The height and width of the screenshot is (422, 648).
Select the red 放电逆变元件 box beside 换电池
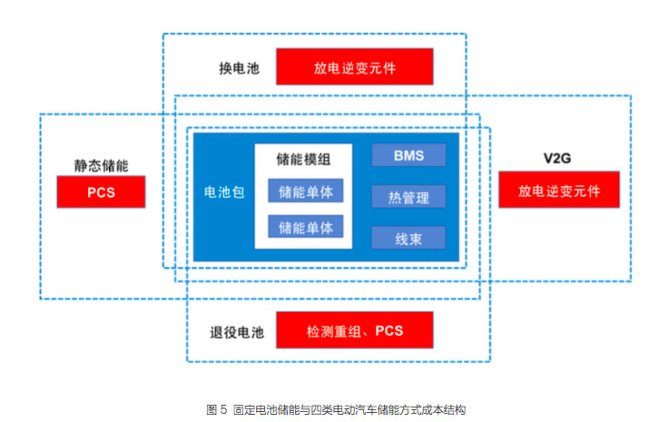[x=355, y=68]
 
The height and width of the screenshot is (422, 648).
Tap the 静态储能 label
[x=101, y=167]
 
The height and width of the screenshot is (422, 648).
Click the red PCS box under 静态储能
[x=101, y=192]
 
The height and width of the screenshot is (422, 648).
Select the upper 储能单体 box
[x=305, y=191]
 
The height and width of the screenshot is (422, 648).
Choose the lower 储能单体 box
[x=305, y=226]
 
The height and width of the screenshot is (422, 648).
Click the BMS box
[x=408, y=155]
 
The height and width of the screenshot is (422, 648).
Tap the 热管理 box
[x=408, y=196]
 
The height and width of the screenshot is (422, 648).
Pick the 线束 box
[x=408, y=238]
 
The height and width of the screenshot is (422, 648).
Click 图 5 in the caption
[x=217, y=409]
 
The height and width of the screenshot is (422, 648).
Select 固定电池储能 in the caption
[x=260, y=409]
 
